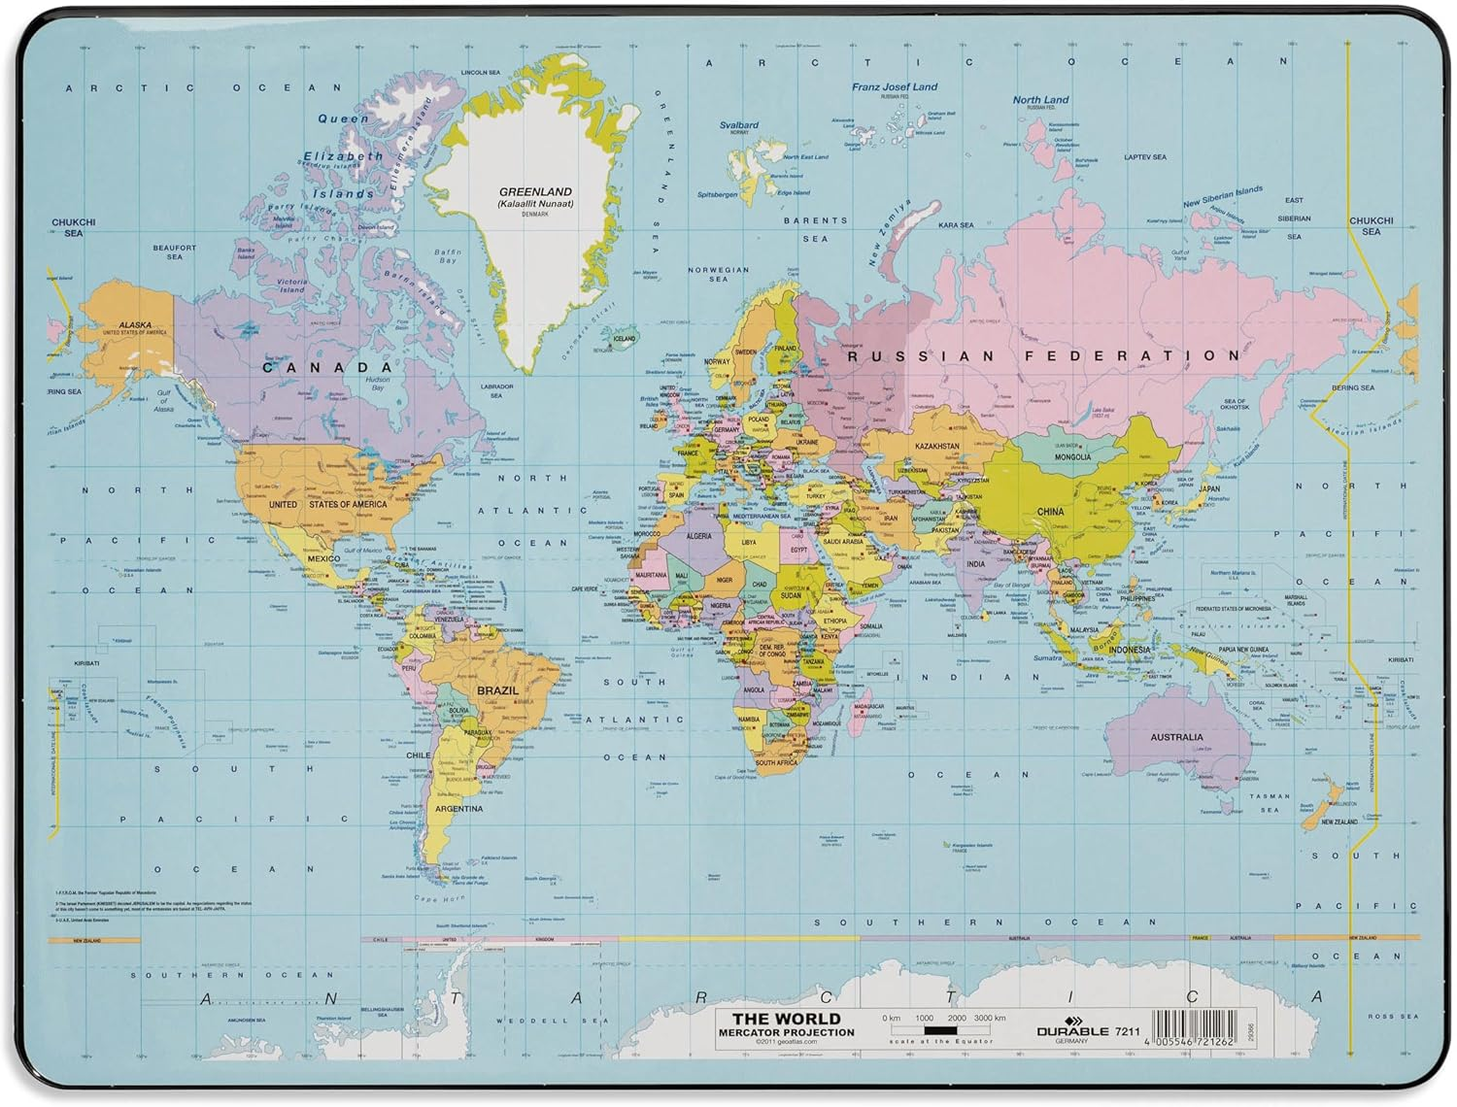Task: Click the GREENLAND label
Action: click(x=535, y=192)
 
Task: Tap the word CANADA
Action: click(x=328, y=367)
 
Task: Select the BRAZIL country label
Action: click(x=497, y=690)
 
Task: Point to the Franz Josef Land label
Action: click(x=895, y=86)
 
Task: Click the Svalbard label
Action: click(x=739, y=125)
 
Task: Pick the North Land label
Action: click(x=1040, y=99)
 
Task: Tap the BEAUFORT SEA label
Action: click(x=175, y=252)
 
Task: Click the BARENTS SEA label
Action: click(x=816, y=229)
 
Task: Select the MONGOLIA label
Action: click(x=1072, y=456)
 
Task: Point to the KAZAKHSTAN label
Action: click(x=936, y=447)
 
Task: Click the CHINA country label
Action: click(x=1050, y=512)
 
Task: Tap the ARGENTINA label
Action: click(x=458, y=808)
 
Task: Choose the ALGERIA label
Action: click(x=699, y=536)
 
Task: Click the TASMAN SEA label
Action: click(x=1270, y=803)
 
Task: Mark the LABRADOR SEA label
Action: click(x=496, y=390)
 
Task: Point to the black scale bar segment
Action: click(x=939, y=1030)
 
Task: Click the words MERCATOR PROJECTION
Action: click(x=786, y=1032)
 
